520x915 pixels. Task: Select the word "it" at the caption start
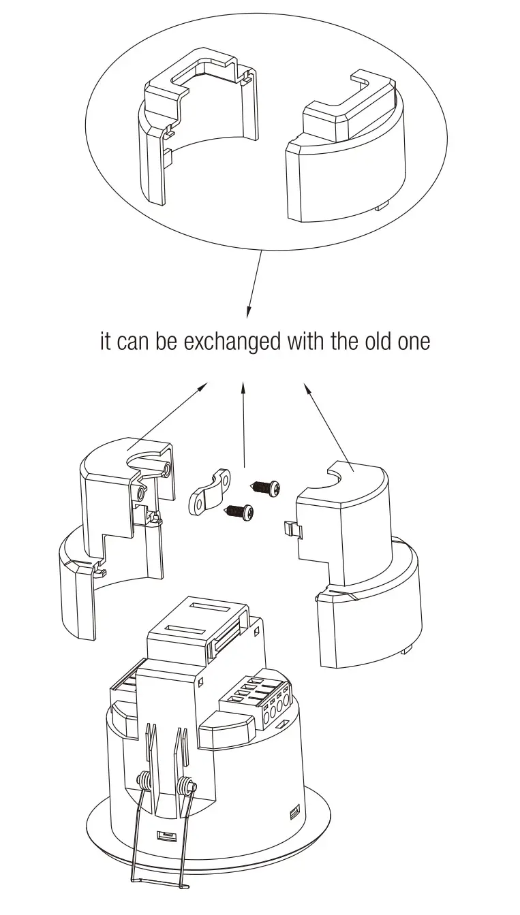pyautogui.click(x=105, y=341)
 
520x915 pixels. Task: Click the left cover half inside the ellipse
pyautogui.click(x=194, y=129)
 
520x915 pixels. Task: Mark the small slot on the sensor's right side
pyautogui.click(x=294, y=812)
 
